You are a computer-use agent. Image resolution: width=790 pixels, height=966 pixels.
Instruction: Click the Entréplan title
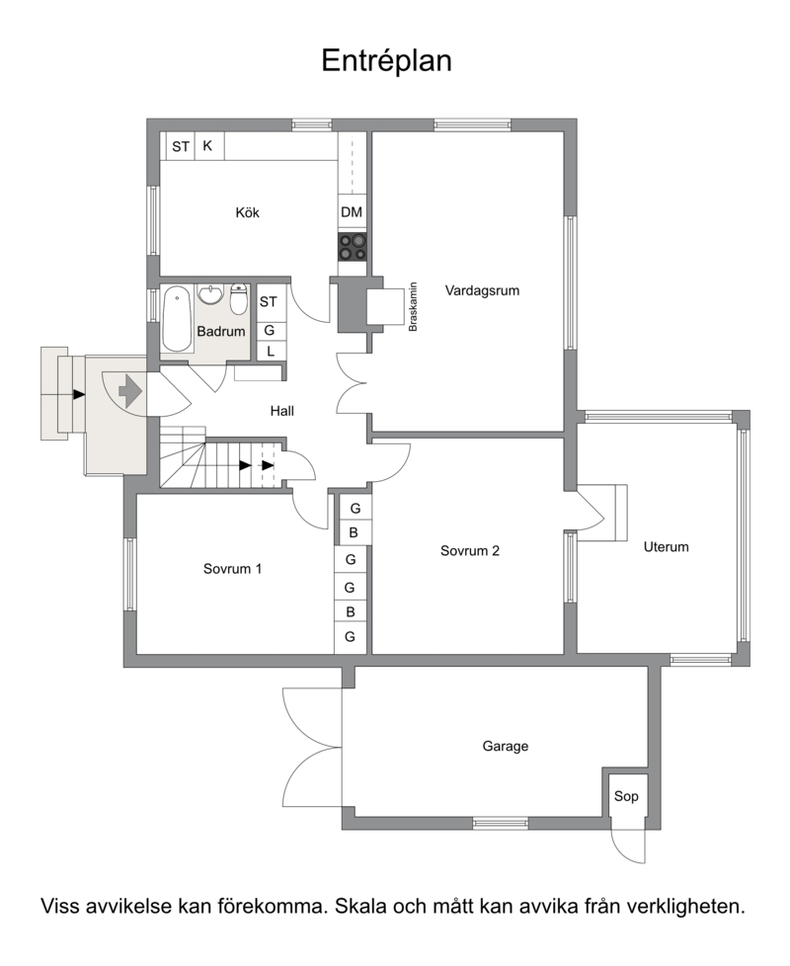coord(387,61)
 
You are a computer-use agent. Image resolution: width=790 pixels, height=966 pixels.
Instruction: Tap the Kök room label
coord(248,213)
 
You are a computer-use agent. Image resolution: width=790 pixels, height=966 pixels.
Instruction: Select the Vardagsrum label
coord(482,290)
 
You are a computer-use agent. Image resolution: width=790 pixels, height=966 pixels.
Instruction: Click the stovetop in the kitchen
coord(353,247)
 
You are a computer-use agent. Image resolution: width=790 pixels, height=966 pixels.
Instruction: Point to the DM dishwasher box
coord(352,212)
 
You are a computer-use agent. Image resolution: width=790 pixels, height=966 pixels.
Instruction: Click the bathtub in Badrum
coord(178,319)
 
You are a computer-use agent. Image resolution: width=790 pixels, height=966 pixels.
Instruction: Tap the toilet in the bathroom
coord(238,299)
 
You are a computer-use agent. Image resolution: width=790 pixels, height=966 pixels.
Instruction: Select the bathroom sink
coord(210,294)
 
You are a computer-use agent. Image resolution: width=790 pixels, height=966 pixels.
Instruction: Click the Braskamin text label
coord(413,307)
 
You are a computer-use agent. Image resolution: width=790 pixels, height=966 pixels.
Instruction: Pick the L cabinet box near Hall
coord(271,352)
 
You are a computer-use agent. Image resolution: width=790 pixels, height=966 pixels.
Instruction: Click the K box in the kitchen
coord(208,146)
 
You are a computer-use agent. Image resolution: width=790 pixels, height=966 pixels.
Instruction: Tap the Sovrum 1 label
coord(233,569)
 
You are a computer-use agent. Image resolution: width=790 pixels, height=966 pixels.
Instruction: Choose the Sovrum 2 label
coord(470,551)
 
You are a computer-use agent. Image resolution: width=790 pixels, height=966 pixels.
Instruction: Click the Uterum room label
coord(666,547)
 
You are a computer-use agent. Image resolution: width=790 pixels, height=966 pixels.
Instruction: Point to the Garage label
coord(505,747)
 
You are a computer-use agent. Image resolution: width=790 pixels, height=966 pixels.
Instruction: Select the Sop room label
coord(626,796)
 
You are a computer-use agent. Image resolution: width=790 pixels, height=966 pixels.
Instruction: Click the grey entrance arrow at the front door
coord(130,391)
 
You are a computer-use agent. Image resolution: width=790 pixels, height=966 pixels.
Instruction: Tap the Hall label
coord(282,411)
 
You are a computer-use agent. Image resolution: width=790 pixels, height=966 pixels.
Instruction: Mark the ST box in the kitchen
coord(181,146)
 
